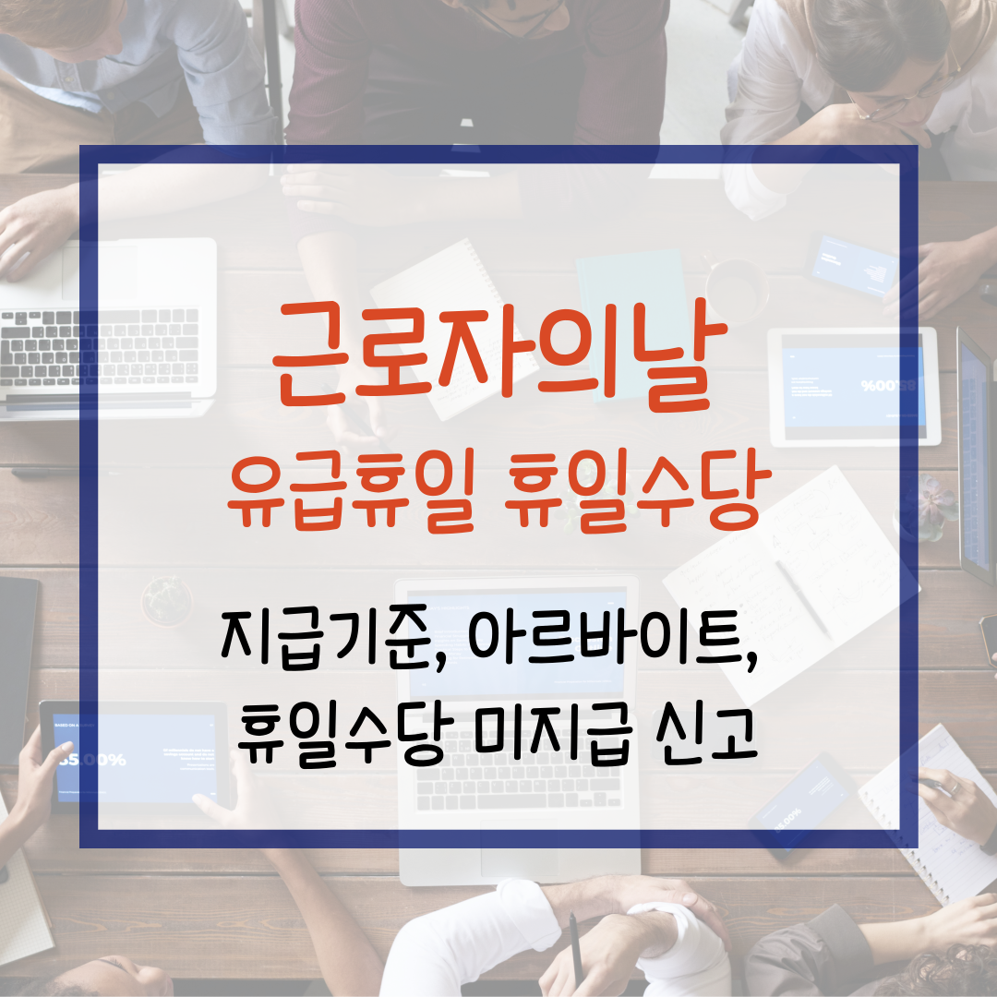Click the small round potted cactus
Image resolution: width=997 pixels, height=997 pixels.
(x=166, y=600)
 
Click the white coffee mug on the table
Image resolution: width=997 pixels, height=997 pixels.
(x=737, y=286)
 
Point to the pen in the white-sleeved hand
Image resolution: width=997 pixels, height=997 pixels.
(x=575, y=942)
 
